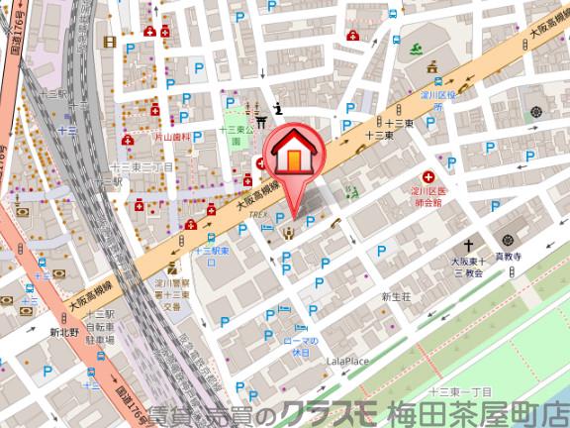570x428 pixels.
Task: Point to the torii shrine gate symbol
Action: pos(261,121)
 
